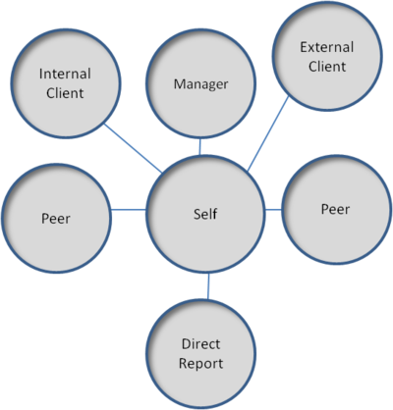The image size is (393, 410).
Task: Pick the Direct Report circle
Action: [x=201, y=354]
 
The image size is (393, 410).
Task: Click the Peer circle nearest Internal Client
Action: [x=56, y=212]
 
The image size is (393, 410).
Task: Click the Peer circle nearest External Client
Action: [x=335, y=210]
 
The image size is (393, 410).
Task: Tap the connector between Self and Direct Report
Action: [x=207, y=286]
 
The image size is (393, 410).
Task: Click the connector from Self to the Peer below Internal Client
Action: [x=129, y=210]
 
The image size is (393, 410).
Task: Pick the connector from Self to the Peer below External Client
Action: [x=272, y=209]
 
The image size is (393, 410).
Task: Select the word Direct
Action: [x=201, y=345]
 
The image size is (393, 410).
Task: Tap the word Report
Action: [x=201, y=364]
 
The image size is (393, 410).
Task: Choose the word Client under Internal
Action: [x=66, y=95]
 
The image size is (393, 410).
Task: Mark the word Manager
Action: [x=200, y=84]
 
